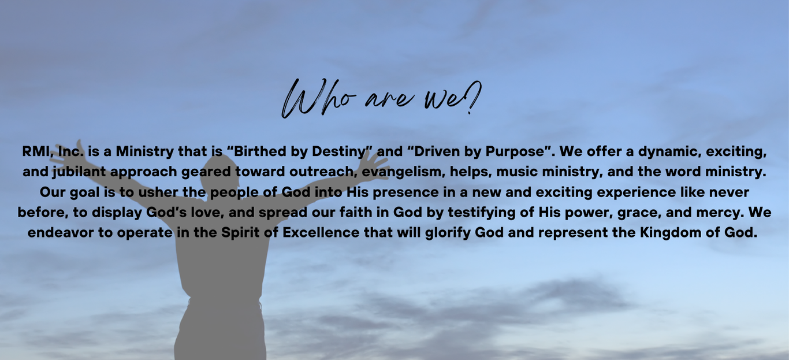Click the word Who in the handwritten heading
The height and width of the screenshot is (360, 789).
[319, 98]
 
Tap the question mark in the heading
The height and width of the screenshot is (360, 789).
[472, 97]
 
